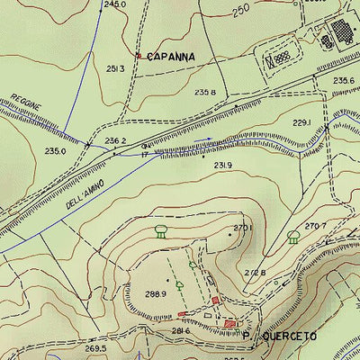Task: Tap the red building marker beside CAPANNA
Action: coord(138,56)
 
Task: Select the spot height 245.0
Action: coord(115,4)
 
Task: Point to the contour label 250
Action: coord(239,11)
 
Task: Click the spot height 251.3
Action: coord(115,68)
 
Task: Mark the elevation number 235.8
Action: coord(205,92)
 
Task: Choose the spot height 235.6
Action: coord(343,81)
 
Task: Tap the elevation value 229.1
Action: coord(301,122)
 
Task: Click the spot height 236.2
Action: coord(114,140)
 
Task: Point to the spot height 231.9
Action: coord(223,165)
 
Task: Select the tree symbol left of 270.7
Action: coord(292,237)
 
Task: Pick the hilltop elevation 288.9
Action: coord(156,294)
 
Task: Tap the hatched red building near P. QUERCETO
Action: coord(231,323)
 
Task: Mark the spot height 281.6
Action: coord(181,331)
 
